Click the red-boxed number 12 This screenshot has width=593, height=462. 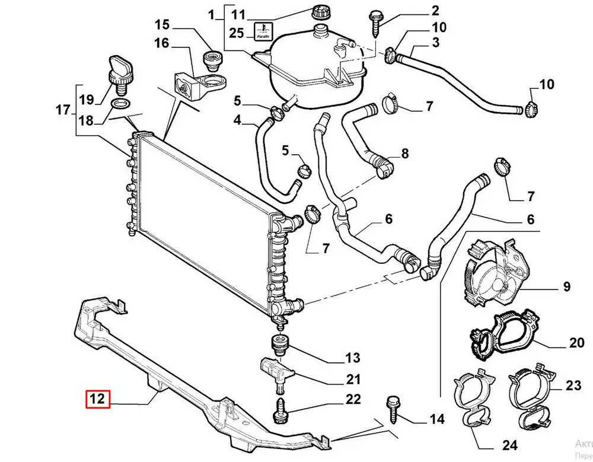(x=97, y=400)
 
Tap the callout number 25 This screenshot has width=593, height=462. (x=236, y=33)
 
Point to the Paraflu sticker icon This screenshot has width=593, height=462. (x=262, y=31)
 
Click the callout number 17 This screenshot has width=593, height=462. (x=62, y=110)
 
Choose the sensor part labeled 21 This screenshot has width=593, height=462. (x=273, y=371)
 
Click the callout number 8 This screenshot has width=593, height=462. (x=404, y=154)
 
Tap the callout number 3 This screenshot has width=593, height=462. (x=435, y=42)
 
